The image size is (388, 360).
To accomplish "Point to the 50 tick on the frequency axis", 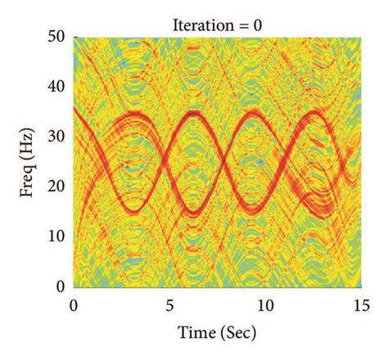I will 58,38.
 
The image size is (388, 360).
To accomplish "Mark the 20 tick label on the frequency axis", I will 58,187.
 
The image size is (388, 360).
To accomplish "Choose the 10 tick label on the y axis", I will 58,236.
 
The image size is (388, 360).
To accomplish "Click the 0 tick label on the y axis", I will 62,286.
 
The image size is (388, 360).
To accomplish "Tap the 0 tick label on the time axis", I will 74,305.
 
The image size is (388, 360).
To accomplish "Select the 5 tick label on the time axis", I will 169,305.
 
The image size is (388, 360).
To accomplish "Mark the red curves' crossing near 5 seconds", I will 160,163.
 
